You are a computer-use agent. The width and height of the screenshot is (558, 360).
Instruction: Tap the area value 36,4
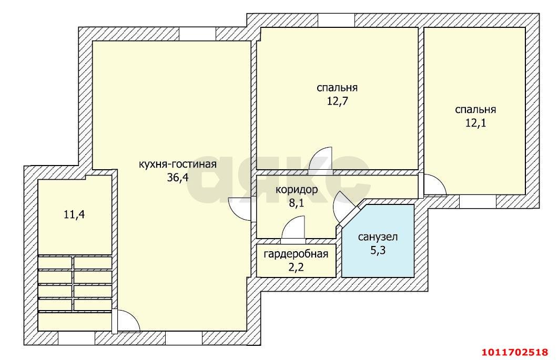click(x=177, y=178)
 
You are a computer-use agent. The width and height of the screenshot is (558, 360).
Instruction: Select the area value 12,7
click(x=337, y=100)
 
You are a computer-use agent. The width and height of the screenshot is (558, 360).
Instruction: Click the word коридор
click(x=296, y=190)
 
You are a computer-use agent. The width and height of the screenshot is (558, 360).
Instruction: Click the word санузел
click(x=378, y=236)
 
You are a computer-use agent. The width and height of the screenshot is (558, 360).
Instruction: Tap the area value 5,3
click(x=378, y=250)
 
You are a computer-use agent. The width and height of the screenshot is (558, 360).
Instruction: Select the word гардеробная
click(x=296, y=254)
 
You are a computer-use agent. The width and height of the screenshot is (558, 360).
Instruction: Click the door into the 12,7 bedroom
click(x=320, y=160)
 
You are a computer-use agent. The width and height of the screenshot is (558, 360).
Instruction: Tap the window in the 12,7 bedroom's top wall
click(x=336, y=20)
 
